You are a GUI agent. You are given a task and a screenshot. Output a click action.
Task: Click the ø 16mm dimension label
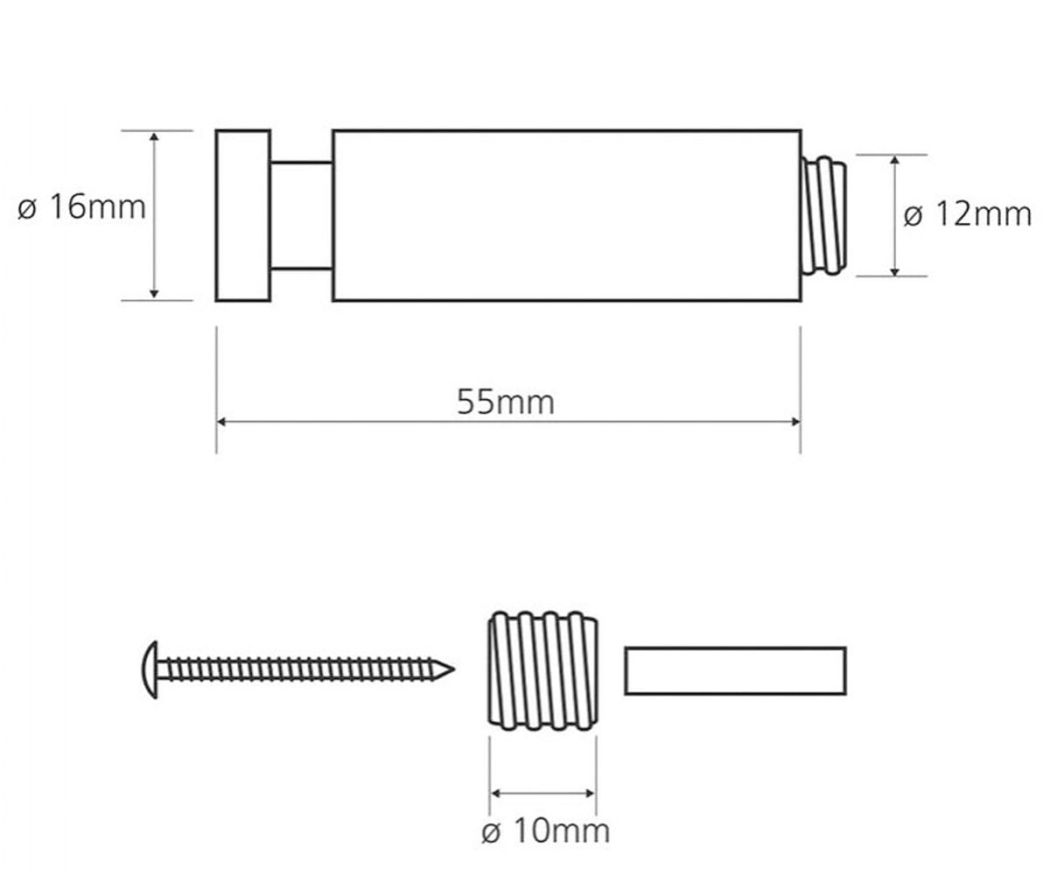pos(81,206)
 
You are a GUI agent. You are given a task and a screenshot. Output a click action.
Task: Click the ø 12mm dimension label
pos(968,214)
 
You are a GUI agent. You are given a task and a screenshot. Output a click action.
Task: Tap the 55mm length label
pos(506,402)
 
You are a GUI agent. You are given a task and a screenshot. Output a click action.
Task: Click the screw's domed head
pos(150,670)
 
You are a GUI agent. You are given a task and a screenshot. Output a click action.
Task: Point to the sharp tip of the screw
pos(453,669)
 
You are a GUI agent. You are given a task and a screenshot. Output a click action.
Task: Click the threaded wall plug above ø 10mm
pos(543,671)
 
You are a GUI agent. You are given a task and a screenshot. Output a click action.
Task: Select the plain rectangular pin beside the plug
pos(736,671)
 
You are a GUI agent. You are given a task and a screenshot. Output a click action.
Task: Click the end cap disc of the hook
pos(243,215)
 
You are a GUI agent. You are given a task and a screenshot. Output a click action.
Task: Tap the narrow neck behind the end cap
pos(302,216)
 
